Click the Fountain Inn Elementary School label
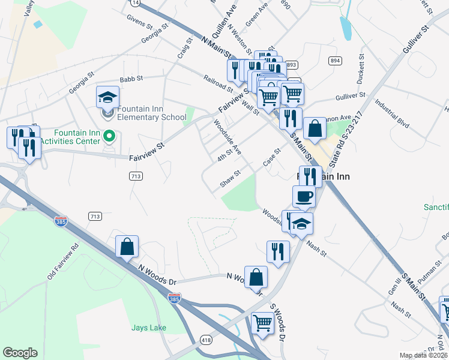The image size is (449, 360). (152, 112)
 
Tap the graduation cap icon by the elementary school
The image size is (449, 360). (107, 97)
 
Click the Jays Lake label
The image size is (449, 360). (149, 328)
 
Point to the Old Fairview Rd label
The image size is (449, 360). (63, 262)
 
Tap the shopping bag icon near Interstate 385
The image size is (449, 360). (127, 246)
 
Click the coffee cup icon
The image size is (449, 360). (304, 196)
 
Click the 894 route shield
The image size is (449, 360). (335, 61)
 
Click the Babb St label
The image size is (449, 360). (131, 78)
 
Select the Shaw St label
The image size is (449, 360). (230, 178)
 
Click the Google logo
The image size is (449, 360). (20, 352)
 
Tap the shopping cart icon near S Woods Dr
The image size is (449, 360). (262, 323)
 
